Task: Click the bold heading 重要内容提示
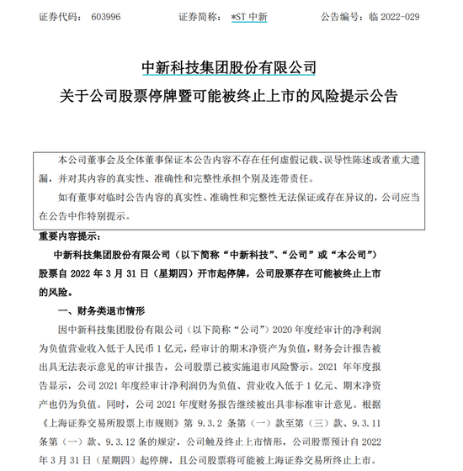tap(68, 236)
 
